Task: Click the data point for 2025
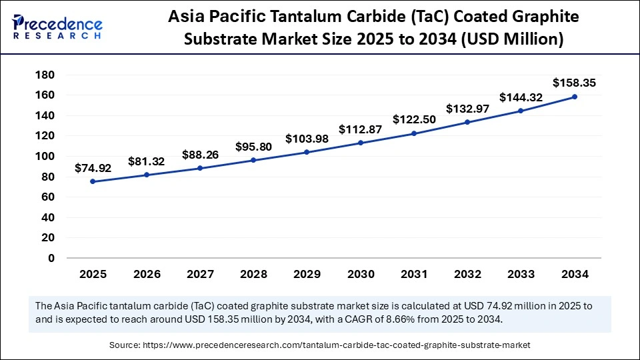click(x=92, y=181)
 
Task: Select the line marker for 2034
click(x=575, y=97)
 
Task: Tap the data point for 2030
click(x=360, y=143)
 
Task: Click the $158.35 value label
click(x=575, y=83)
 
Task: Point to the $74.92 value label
click(x=92, y=168)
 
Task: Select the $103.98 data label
click(x=307, y=139)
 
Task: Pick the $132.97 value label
click(x=467, y=109)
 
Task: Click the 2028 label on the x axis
click(x=253, y=273)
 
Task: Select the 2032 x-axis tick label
click(x=467, y=273)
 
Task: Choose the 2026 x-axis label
click(x=146, y=273)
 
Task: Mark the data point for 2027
click(x=199, y=168)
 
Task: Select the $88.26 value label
click(x=199, y=155)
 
